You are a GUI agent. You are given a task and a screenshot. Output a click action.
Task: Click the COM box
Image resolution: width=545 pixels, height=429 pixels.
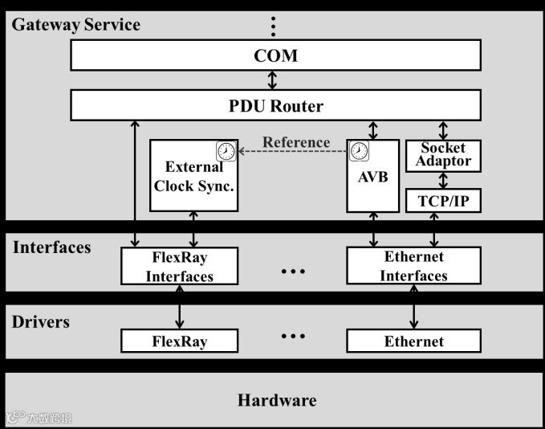pyautogui.click(x=275, y=55)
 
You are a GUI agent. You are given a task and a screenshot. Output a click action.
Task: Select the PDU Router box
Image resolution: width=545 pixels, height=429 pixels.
pyautogui.click(x=275, y=105)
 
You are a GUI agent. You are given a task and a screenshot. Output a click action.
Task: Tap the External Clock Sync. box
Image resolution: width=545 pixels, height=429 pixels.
pyautogui.click(x=193, y=177)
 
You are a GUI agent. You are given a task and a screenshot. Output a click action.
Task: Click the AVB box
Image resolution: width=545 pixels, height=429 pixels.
pyautogui.click(x=372, y=177)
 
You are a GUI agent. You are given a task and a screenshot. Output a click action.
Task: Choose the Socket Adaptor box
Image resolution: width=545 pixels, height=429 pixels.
pyautogui.click(x=443, y=155)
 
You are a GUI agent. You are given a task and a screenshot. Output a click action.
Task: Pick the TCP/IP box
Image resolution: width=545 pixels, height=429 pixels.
pyautogui.click(x=443, y=201)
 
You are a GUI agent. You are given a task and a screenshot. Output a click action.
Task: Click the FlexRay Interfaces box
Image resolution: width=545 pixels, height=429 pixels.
pyautogui.click(x=180, y=266)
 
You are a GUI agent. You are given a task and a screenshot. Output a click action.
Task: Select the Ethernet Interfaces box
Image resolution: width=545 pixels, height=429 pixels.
pyautogui.click(x=413, y=266)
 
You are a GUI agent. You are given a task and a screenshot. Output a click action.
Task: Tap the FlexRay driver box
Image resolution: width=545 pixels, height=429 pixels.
pyautogui.click(x=180, y=341)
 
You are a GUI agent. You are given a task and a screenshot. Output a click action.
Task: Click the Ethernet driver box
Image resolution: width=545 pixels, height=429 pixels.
pyautogui.click(x=413, y=341)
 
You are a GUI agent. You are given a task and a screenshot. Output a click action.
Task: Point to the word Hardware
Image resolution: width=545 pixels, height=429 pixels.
pyautogui.click(x=277, y=399)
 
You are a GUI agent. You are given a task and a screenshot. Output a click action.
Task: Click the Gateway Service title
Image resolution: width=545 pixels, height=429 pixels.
pyautogui.click(x=75, y=24)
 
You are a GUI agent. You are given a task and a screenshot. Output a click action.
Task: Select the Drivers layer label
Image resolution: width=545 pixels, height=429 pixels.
pyautogui.click(x=41, y=322)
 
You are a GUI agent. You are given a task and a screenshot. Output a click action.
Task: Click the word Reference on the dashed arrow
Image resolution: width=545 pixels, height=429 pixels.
pyautogui.click(x=296, y=142)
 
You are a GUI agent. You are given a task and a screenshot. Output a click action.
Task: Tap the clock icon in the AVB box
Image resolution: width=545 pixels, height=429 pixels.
pyautogui.click(x=359, y=150)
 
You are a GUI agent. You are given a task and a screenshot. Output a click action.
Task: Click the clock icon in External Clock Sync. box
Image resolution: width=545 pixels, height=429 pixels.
pyautogui.click(x=227, y=150)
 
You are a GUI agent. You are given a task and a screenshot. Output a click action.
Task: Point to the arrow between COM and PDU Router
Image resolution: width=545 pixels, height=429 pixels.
pyautogui.click(x=273, y=80)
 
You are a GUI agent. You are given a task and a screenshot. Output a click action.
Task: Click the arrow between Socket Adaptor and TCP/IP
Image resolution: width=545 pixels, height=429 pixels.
pyautogui.click(x=443, y=180)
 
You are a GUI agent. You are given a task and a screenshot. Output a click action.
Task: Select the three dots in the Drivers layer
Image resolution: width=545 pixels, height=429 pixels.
pyautogui.click(x=293, y=335)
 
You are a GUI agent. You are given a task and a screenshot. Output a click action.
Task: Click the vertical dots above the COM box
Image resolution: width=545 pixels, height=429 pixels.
pyautogui.click(x=273, y=27)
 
